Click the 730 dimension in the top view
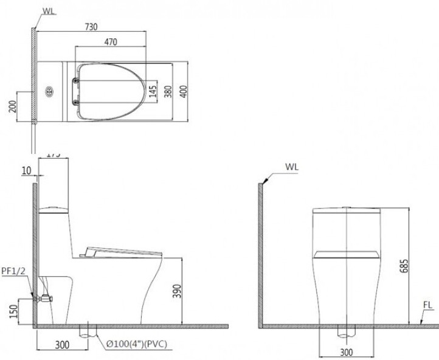91,26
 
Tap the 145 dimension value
152,92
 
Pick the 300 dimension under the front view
345,352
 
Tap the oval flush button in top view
49,92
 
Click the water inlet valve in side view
46,298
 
